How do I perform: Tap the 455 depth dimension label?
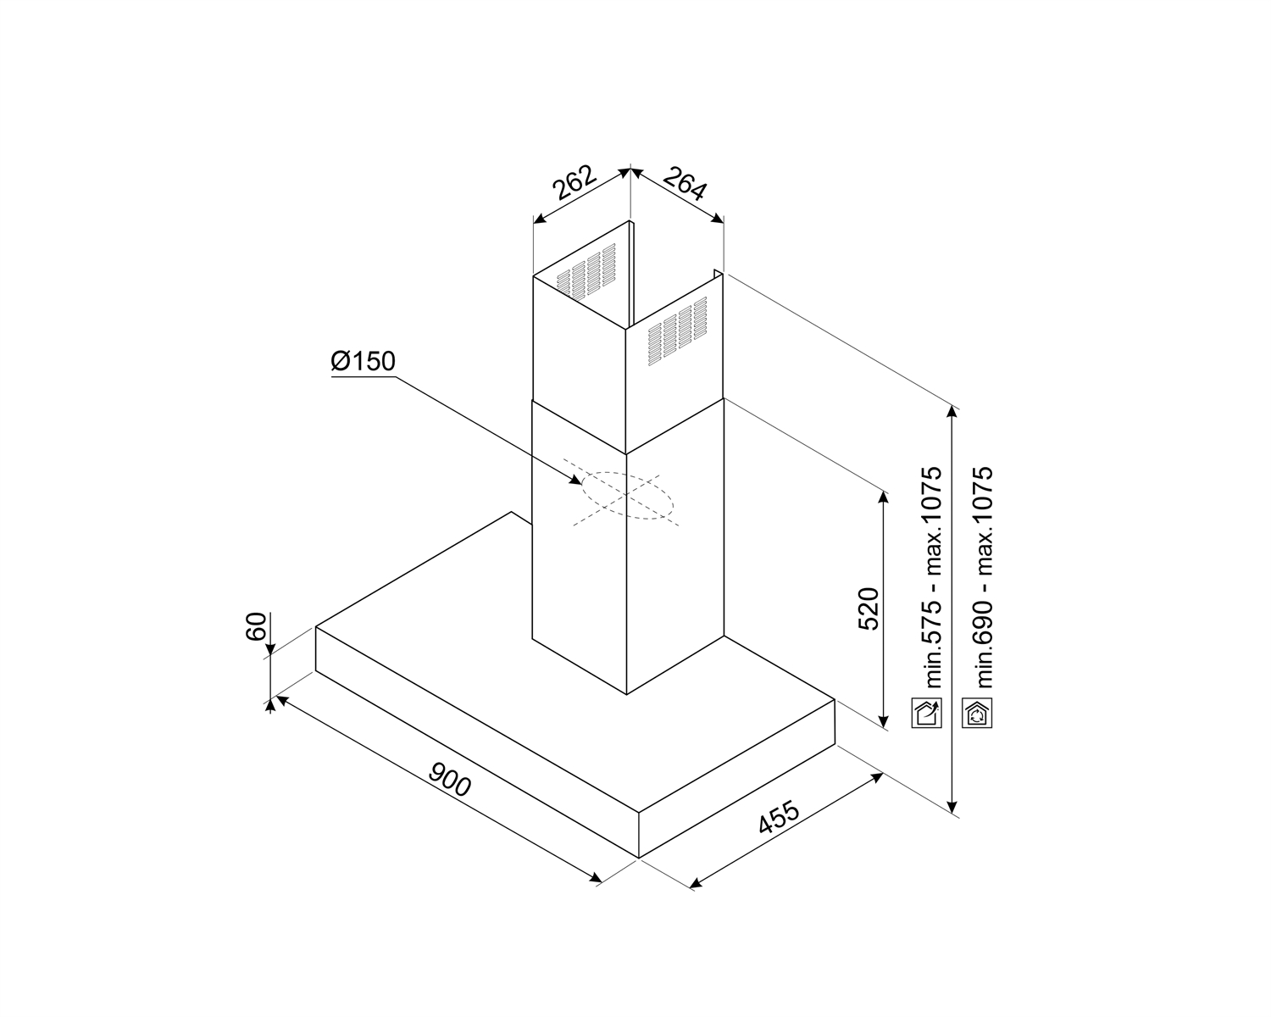click(780, 818)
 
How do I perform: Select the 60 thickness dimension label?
click(256, 627)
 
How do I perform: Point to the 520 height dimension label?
click(869, 609)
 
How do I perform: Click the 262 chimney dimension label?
click(574, 181)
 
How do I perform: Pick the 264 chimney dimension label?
click(685, 183)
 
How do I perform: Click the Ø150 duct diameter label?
click(363, 361)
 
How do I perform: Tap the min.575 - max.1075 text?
click(934, 577)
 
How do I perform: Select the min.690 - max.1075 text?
click(985, 577)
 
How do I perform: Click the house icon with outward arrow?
click(927, 713)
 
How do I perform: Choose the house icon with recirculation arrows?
click(977, 713)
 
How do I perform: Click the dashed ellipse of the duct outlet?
click(628, 496)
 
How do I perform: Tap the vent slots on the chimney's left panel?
click(586, 270)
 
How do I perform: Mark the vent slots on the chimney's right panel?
click(677, 331)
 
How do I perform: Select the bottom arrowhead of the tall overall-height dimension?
click(952, 806)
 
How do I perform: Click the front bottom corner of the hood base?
click(639, 858)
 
